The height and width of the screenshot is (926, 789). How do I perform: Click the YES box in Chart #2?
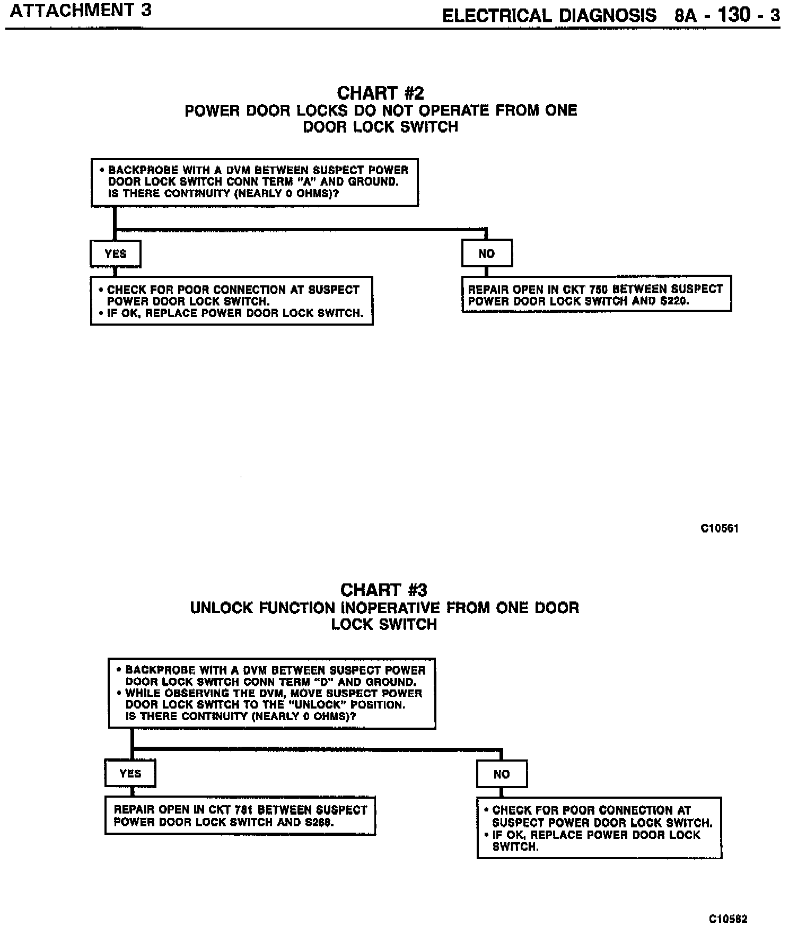pyautogui.click(x=116, y=254)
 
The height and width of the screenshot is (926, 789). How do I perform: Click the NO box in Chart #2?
pyautogui.click(x=486, y=254)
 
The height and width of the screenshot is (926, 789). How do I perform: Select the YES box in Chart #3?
pyautogui.click(x=130, y=773)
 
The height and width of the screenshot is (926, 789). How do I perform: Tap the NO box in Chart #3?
pyautogui.click(x=502, y=774)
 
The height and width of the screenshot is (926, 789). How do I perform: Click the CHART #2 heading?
pyautogui.click(x=380, y=93)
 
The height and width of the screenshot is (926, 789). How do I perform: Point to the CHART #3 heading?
pyautogui.click(x=384, y=590)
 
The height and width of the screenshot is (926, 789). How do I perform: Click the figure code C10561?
pyautogui.click(x=720, y=528)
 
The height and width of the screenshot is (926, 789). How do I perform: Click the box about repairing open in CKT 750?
pyautogui.click(x=597, y=294)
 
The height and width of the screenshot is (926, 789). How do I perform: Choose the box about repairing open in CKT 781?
pyautogui.click(x=240, y=816)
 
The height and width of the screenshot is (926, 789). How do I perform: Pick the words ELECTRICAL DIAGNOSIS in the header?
pyautogui.click(x=549, y=15)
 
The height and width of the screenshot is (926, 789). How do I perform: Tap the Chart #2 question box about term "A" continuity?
pyautogui.click(x=255, y=182)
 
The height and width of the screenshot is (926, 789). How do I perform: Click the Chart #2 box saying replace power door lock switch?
pyautogui.click(x=232, y=301)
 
